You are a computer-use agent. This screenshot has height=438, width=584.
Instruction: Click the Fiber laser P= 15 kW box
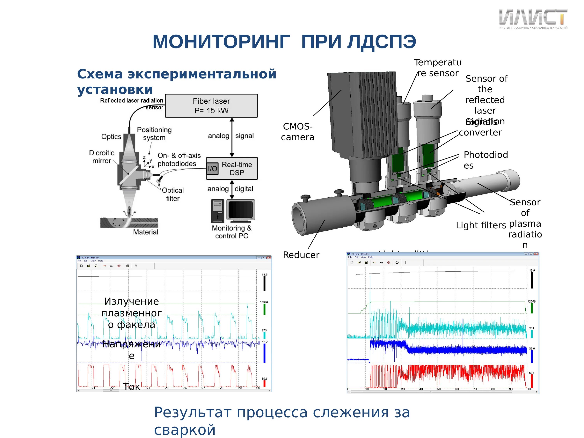pos(211,106)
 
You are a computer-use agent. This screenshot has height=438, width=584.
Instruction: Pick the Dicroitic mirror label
pos(102,157)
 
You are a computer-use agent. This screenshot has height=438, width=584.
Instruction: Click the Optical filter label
pos(173,194)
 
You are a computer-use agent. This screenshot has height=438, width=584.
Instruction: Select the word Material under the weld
pos(145,232)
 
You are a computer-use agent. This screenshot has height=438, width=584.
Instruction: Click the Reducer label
pos(301,255)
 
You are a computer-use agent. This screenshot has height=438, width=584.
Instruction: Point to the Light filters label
pos(481,225)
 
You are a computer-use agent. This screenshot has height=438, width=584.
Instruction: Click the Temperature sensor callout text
pos(438,68)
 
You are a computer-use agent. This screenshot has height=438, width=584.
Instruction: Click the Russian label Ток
pos(131,387)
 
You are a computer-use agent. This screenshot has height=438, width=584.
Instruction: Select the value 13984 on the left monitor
pos(264,302)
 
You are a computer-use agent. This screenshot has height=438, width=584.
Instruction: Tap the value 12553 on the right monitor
pos(531,301)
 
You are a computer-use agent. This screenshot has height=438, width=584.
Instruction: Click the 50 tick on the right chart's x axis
pos(439,389)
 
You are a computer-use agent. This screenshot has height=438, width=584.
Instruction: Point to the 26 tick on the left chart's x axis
pos(185,388)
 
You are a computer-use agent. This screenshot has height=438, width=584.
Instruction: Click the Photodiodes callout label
pos(485,160)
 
